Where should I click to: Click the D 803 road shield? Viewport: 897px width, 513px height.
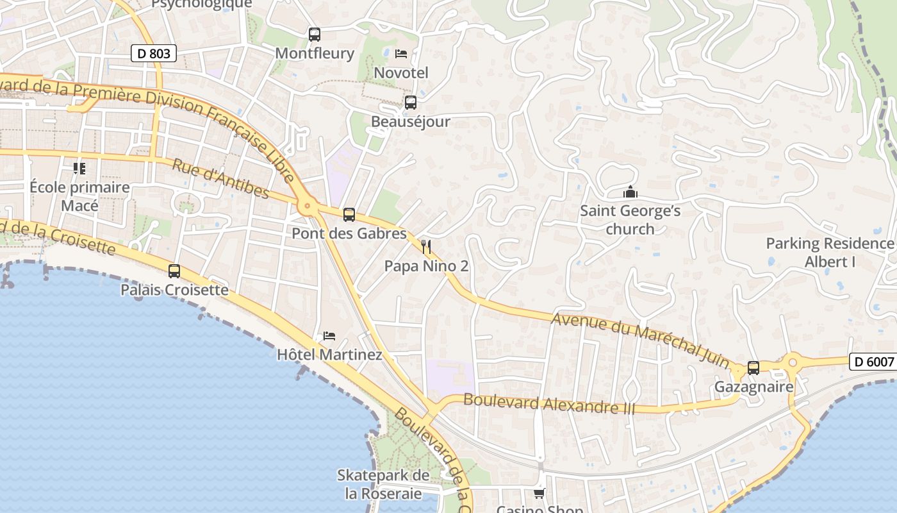point(154,53)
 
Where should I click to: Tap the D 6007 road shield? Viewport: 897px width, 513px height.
point(873,362)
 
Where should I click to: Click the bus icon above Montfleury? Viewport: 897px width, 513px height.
point(314,35)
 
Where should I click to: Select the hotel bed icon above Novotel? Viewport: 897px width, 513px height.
point(401,53)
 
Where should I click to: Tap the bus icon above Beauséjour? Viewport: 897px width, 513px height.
point(410,103)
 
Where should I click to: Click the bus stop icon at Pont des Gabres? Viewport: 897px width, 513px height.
point(349,215)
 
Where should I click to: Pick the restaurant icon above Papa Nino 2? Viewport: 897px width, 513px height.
point(425,246)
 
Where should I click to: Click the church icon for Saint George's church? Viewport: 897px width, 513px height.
point(630,192)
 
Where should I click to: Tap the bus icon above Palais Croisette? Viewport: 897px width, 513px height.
point(174,271)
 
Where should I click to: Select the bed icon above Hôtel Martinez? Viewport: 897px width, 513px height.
point(329,335)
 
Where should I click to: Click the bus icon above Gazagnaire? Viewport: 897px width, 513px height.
point(753,368)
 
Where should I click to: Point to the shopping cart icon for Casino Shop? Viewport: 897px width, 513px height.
point(539,493)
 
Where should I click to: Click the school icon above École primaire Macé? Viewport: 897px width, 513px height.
point(79,169)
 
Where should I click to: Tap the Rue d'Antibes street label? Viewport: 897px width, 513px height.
point(220,179)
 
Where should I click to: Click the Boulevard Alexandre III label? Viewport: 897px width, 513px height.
point(548,404)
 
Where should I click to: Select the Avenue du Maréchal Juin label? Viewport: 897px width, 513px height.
point(640,340)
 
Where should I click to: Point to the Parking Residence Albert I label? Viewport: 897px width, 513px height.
point(830,253)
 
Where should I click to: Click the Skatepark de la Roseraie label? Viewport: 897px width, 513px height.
point(383,484)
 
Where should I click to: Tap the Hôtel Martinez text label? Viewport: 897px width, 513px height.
point(329,355)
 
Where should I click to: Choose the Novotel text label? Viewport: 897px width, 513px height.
point(401,72)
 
